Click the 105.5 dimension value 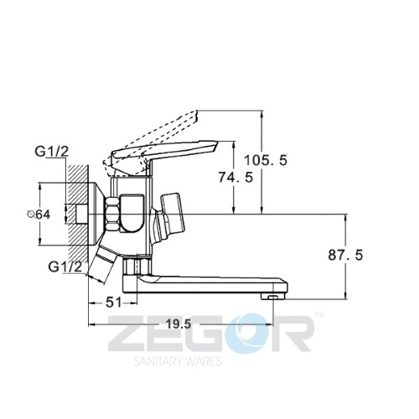coord(266,160)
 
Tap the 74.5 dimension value coord(235,177)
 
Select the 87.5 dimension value coord(345,255)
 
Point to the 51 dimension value coord(114,303)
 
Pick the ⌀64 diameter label coord(39,215)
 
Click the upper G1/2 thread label coord(52,152)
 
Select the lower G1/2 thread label coord(65,267)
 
